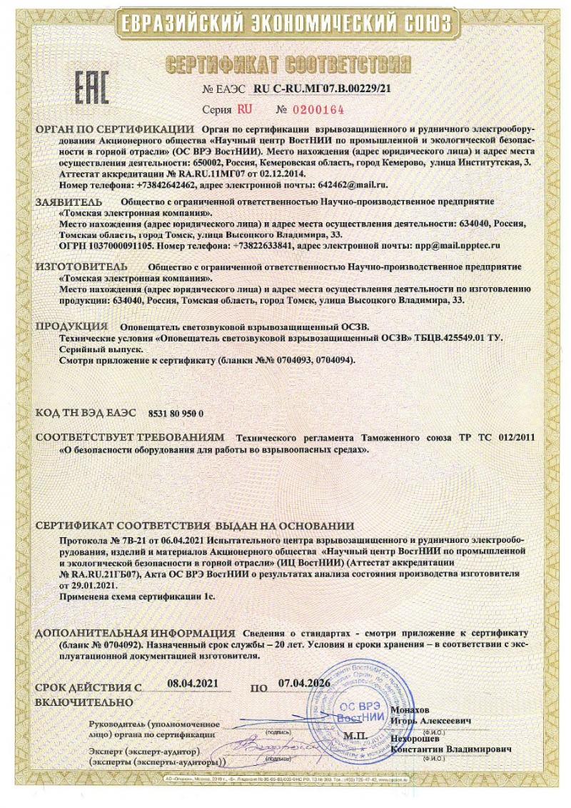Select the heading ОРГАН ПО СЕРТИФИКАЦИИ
[114, 129]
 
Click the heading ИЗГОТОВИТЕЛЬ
[78, 266]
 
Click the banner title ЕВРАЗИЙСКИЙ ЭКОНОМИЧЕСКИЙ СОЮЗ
[285, 22]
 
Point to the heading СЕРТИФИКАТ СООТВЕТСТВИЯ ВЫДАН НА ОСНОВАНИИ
[195, 527]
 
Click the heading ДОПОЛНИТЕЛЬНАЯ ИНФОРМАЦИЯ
[135, 634]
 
